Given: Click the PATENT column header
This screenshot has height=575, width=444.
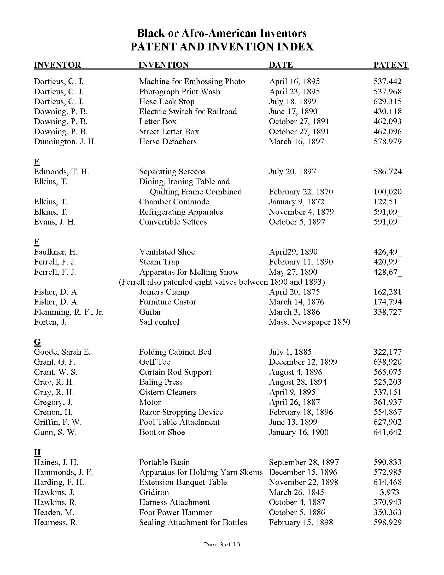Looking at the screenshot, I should pyautogui.click(x=391, y=65).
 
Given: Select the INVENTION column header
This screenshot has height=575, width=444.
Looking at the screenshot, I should pyautogui.click(x=163, y=65).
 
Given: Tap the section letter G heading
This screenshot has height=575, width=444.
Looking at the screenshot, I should pyautogui.click(x=37, y=342).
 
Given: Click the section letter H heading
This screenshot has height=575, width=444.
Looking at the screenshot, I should pyautogui.click(x=37, y=452).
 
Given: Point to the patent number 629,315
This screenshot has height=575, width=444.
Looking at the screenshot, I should pyautogui.click(x=387, y=102).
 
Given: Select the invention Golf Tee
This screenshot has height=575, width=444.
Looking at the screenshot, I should pyautogui.click(x=154, y=362).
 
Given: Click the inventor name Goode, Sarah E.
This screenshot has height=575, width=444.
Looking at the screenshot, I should pyautogui.click(x=62, y=352).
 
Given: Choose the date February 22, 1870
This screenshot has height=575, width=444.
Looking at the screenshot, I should pyautogui.click(x=301, y=192).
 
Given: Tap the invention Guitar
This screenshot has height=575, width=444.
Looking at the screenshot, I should pyautogui.click(x=150, y=312).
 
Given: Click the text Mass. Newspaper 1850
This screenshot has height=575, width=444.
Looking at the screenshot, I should pyautogui.click(x=309, y=322).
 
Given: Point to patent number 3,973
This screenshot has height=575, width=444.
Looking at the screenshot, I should pyautogui.click(x=389, y=492).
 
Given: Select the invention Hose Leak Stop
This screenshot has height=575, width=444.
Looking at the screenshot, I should pyautogui.click(x=167, y=102).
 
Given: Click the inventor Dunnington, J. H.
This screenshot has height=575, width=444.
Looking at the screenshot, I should pyautogui.click(x=65, y=142).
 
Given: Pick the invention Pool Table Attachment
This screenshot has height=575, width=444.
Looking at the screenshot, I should pyautogui.click(x=179, y=422).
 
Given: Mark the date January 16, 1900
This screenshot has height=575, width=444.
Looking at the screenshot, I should pyautogui.click(x=299, y=432).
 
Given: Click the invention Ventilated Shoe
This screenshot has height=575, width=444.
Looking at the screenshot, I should pyautogui.click(x=167, y=252).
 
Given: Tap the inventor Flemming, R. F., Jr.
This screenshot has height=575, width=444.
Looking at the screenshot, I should pyautogui.click(x=69, y=312).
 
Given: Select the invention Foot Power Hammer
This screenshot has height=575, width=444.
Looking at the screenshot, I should pyautogui.click(x=176, y=512).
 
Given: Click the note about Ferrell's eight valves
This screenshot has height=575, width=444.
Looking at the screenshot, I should pyautogui.click(x=222, y=282).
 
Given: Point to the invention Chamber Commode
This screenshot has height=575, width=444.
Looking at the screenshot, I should pyautogui.click(x=174, y=202).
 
